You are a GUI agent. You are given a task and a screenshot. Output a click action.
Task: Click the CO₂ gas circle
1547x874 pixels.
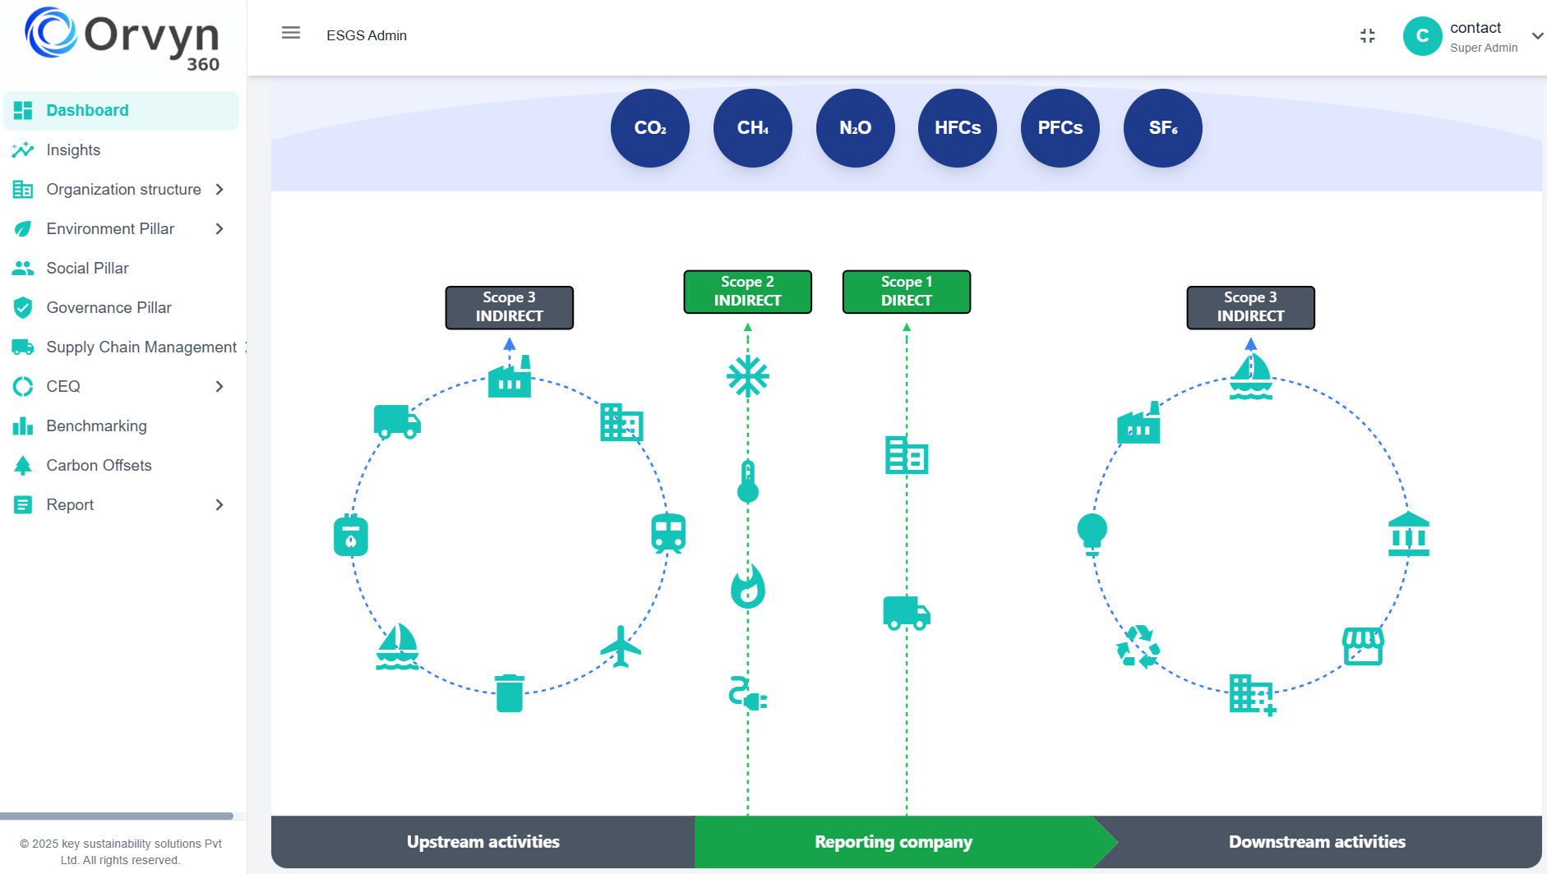point(649,128)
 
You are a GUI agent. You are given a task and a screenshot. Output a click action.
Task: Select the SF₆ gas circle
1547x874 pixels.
point(1162,128)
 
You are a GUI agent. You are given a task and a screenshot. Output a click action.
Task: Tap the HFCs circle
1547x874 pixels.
point(957,128)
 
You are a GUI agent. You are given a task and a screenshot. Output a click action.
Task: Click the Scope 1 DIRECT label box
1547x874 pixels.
point(906,292)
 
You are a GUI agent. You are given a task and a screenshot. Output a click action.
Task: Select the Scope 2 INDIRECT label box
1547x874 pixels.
point(747,292)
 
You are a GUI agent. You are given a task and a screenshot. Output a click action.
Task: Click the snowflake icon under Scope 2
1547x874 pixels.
point(747,377)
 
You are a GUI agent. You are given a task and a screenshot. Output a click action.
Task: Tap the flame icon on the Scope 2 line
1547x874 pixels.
point(747,586)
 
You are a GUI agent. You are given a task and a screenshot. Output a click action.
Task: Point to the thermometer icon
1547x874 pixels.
point(747,482)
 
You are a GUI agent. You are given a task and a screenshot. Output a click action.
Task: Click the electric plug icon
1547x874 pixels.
point(747,695)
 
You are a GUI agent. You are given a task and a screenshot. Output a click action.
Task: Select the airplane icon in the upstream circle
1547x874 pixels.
point(621,646)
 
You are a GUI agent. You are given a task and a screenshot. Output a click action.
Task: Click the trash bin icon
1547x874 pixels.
point(509,693)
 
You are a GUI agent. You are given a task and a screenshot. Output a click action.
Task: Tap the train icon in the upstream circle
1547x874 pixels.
point(667,534)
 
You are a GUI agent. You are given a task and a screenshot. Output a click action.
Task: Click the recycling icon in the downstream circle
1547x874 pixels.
point(1138,647)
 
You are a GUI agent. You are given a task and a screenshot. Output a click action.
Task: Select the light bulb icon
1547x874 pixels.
point(1092,534)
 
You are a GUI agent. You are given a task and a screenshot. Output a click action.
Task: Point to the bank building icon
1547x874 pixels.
point(1408,535)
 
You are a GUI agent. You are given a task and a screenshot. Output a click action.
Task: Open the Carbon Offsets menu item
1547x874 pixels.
point(99,466)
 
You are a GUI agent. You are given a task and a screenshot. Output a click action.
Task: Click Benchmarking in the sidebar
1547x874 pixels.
point(96,426)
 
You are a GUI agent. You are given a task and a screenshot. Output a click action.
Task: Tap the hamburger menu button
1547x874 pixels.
point(291,33)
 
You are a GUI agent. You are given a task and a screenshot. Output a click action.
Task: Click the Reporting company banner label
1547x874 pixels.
point(893,842)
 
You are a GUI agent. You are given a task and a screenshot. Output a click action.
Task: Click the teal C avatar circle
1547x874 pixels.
point(1422,36)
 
